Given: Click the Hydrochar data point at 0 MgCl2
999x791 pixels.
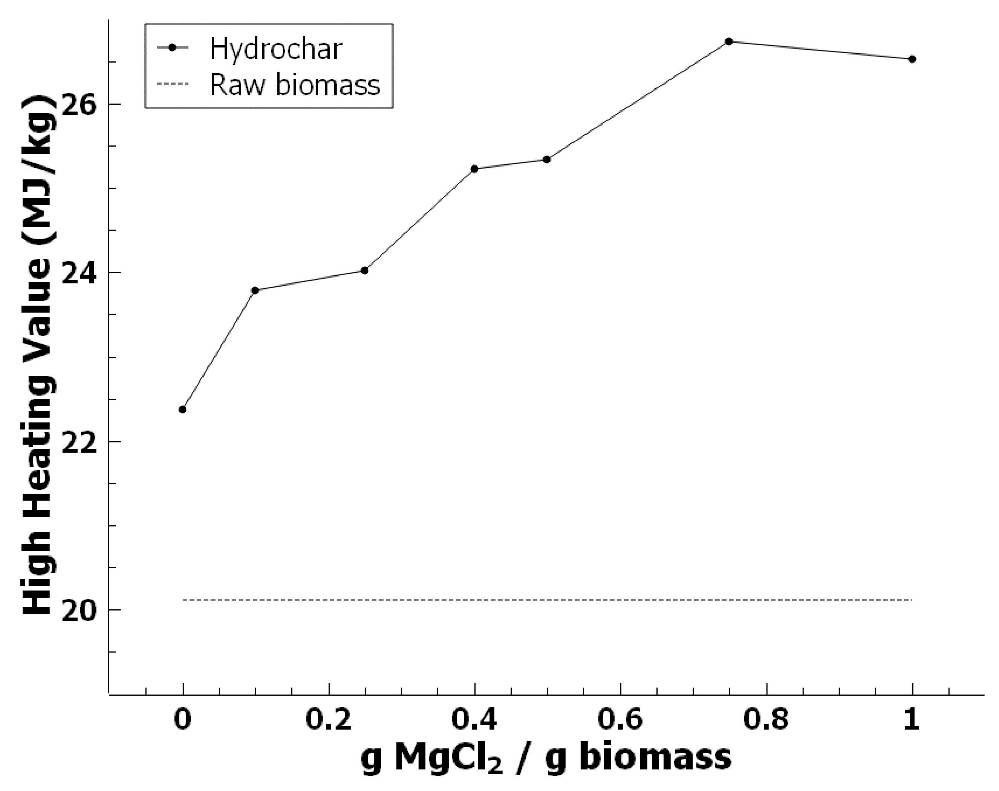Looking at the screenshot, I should pos(182,409).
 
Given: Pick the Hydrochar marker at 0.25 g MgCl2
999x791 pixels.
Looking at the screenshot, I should pos(364,271).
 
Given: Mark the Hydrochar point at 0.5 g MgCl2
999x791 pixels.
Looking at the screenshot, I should pos(546,160).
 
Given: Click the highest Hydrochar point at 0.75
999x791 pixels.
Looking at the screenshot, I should pos(728,42).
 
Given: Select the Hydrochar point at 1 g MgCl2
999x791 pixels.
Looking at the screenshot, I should pos(912,59).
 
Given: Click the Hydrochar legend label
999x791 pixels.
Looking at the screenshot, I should pos(275,48).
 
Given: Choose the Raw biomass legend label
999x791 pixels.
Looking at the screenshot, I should pos(295,85).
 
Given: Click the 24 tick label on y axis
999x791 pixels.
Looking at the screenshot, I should pos(79,273).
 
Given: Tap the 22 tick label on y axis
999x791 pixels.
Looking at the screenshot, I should pos(79,442).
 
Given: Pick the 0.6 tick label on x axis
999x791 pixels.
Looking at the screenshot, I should pos(620,721).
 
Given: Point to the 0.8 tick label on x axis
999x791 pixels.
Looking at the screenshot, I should pos(766,721).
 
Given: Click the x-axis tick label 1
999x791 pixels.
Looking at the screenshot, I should pos(912,721).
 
